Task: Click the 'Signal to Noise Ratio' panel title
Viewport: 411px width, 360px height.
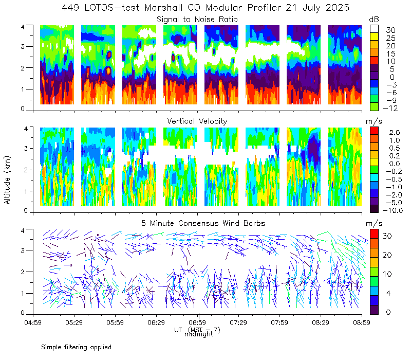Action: point(197,20)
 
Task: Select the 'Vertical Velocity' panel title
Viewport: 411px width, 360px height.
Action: point(197,121)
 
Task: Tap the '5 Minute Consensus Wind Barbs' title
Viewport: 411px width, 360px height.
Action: point(203,223)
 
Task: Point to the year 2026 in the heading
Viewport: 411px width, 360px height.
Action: point(338,8)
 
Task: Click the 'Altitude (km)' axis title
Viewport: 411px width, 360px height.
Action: point(7,180)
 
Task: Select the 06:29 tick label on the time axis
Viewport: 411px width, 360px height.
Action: point(156,322)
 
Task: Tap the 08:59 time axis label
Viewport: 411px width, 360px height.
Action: point(362,322)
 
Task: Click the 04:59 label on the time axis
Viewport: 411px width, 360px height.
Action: point(33,322)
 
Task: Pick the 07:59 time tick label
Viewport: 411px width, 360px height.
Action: point(279,322)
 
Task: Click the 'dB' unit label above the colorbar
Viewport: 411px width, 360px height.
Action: point(374,20)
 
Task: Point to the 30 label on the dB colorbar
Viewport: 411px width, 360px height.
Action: point(390,30)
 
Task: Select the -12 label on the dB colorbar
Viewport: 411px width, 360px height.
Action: point(390,108)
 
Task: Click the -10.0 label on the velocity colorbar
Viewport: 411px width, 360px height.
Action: point(393,210)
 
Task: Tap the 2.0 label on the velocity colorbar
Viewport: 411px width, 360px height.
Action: point(395,133)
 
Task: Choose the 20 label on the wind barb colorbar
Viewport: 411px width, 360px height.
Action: point(387,255)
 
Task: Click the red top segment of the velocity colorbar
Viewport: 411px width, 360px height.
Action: point(374,131)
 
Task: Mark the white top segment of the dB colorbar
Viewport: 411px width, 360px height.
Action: point(374,29)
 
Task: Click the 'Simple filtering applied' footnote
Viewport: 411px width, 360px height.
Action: point(76,347)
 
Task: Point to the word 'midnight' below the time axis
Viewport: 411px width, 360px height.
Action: point(199,334)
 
